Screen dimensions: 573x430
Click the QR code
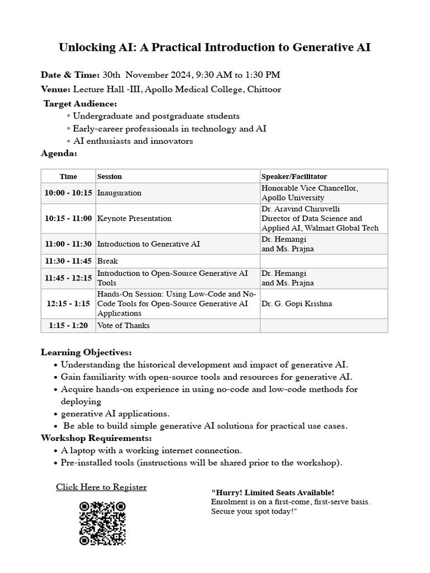102,523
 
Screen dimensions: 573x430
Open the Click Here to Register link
101,487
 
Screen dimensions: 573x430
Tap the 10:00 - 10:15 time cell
68,193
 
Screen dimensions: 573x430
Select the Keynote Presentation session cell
134,218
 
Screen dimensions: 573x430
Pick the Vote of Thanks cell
124,326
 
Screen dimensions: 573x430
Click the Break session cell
108,261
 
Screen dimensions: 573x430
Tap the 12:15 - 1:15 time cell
68,304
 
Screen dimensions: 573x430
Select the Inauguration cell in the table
119,193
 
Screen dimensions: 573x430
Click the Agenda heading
59,153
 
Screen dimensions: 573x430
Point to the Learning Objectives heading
87,353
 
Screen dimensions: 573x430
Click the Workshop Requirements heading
96,438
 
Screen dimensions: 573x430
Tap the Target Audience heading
81,104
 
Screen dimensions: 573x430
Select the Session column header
110,177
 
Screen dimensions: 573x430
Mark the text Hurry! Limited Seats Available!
273,492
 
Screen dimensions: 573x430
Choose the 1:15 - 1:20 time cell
68,326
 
